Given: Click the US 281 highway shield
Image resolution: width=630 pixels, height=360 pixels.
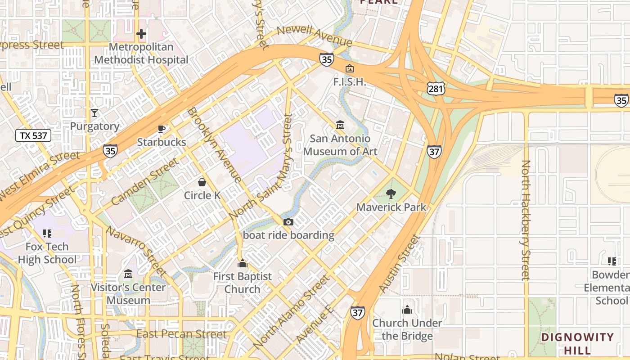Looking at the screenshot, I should [436, 89].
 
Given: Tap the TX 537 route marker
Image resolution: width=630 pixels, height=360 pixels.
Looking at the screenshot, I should [33, 135].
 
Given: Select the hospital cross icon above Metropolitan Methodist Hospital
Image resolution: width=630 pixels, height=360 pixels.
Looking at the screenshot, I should [141, 34].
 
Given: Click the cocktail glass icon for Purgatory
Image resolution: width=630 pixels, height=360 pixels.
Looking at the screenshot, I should [94, 113].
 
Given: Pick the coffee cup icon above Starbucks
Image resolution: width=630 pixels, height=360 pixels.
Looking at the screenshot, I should [162, 129].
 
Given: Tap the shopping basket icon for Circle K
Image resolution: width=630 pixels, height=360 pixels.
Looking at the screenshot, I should [202, 182].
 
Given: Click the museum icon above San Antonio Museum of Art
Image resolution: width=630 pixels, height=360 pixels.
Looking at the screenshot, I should [340, 125].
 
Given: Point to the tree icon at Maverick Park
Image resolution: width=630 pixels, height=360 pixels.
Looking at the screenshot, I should [391, 194].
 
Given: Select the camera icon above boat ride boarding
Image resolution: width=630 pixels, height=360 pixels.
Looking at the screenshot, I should [288, 222].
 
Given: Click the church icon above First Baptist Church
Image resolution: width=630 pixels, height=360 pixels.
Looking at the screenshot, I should [243, 263].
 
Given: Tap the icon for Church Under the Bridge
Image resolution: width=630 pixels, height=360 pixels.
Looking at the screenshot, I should [407, 310].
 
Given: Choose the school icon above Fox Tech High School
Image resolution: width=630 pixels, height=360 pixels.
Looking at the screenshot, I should [47, 233].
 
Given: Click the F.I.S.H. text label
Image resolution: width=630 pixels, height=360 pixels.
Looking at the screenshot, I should [349, 82].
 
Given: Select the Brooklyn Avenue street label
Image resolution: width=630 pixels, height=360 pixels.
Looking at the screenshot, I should [215, 145].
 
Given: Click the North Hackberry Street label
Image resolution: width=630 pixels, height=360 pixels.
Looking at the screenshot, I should [526, 220].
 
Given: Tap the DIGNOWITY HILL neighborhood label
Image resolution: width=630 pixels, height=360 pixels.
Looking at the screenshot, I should [577, 343].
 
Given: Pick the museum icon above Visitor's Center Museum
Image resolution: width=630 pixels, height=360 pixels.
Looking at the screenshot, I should [128, 274].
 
